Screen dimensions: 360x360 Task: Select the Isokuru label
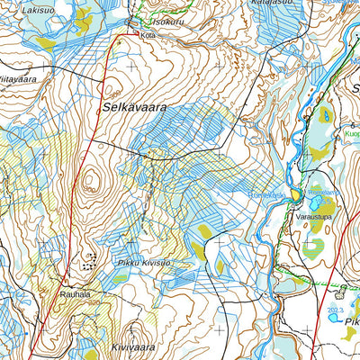click(168, 21)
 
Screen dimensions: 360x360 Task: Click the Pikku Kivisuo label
click(143, 263)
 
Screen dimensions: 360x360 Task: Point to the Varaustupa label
click(302, 217)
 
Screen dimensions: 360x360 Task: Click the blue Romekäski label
click(266, 194)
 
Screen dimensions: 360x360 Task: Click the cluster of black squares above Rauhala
click(89, 263)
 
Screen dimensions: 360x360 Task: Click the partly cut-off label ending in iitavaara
click(16, 79)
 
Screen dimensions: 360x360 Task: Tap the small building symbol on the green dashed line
click(341, 291)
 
